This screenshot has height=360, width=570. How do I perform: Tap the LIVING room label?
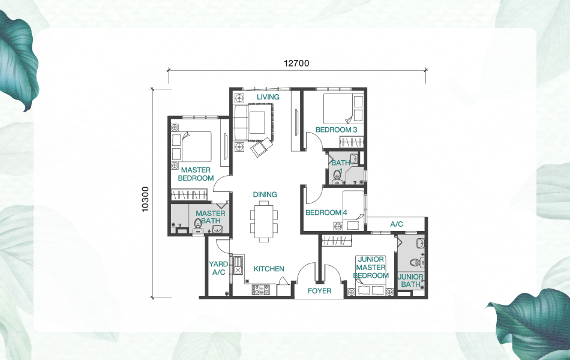268,97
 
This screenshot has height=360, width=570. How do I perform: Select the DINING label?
265,194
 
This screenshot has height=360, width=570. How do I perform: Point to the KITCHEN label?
268,269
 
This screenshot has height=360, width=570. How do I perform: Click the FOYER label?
319,291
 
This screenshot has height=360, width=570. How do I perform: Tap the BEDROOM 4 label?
326,212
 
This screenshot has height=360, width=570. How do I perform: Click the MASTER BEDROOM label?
196,174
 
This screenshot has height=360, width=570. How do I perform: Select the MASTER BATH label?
211,217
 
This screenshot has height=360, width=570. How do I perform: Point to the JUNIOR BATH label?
411,280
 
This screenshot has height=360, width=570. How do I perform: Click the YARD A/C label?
218,268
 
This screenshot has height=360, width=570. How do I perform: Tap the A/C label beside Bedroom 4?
397,224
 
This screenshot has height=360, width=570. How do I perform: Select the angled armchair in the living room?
262,147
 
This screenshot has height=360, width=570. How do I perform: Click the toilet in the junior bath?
414,263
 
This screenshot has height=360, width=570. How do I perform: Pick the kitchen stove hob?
262,290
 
